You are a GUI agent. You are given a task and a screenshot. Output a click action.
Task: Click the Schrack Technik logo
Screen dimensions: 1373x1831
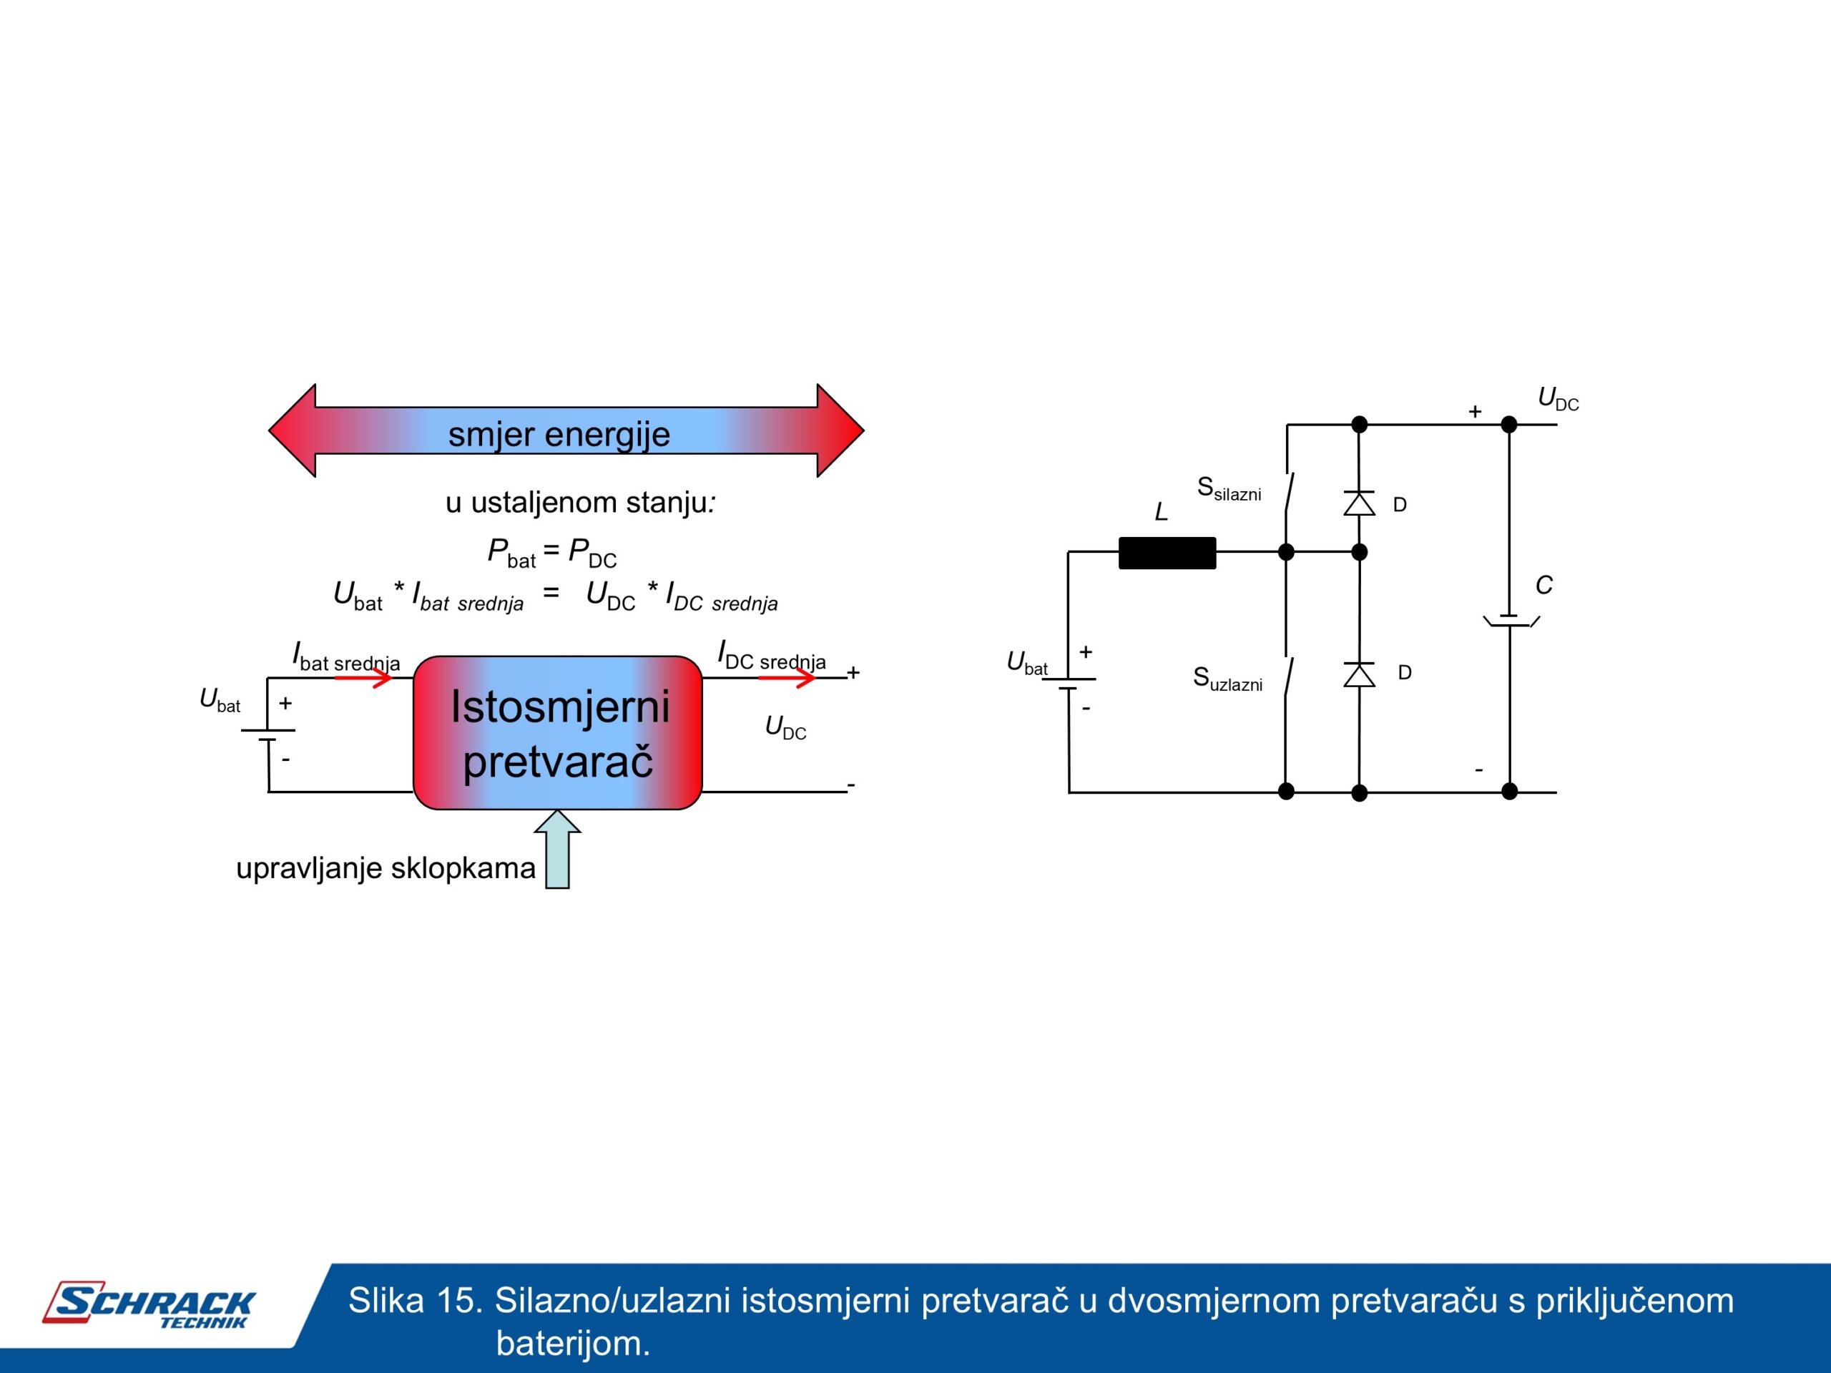[149, 1304]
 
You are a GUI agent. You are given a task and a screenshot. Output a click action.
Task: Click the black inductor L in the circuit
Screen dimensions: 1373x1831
[1167, 553]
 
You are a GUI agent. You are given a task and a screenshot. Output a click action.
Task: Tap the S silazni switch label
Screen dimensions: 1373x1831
[1228, 489]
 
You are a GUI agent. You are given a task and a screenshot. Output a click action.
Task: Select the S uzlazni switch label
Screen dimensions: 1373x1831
[1227, 679]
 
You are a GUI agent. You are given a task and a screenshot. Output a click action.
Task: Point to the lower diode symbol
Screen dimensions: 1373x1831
[1359, 674]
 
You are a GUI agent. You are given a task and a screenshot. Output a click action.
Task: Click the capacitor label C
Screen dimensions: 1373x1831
[1543, 585]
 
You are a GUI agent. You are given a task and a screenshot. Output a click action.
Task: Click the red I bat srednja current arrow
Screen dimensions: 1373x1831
[363, 678]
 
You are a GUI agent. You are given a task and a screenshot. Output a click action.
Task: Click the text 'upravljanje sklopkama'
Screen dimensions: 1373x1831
[386, 868]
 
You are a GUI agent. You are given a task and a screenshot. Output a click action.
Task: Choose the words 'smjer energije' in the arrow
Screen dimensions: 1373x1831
[559, 433]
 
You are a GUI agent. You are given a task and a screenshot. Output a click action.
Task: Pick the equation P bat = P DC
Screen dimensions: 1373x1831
[552, 551]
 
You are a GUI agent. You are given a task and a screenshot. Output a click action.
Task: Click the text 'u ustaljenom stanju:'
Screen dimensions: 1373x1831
[580, 502]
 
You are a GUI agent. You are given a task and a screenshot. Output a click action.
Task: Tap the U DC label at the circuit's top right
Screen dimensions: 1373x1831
[1558, 399]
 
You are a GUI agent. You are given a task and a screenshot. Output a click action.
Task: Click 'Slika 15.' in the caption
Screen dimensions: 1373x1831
[415, 1300]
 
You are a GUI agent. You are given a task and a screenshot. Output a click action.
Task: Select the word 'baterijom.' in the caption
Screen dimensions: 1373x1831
[573, 1342]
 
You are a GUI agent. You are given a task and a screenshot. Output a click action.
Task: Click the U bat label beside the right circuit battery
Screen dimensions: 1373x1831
[1026, 663]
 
